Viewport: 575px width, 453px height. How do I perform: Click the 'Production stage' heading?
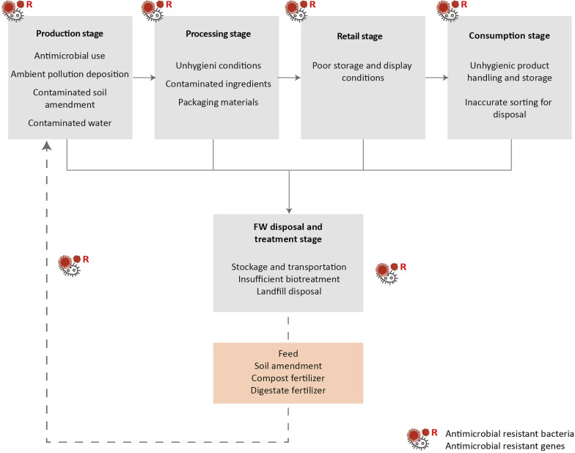coord(70,34)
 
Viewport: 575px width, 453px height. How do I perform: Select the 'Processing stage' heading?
coord(219,34)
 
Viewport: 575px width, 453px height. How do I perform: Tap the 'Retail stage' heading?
coord(359,37)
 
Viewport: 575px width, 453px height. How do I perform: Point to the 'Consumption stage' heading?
coord(509,35)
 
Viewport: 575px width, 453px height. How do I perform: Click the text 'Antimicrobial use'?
coord(70,56)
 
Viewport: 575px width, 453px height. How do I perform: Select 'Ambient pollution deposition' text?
coord(70,74)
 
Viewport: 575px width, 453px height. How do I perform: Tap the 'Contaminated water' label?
coord(70,123)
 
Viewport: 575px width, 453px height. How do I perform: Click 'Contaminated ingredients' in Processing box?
coord(219,84)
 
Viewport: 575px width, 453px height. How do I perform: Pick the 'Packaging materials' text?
coord(219,103)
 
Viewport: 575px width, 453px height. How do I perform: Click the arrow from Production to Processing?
coord(144,78)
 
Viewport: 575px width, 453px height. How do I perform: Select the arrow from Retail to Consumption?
coord(437,78)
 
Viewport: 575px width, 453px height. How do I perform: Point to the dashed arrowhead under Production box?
coord(47,146)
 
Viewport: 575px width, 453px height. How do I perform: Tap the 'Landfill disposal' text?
coord(289,292)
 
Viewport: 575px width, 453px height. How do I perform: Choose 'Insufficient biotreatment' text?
coord(289,279)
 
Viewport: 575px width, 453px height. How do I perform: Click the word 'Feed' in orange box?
coord(288,353)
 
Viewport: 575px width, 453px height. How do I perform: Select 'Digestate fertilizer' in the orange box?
coord(288,390)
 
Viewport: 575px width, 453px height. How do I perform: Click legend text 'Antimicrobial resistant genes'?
coord(505,446)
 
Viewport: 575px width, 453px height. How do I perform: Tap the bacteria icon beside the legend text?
coord(418,438)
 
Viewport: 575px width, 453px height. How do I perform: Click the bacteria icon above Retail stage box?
coord(296,11)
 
